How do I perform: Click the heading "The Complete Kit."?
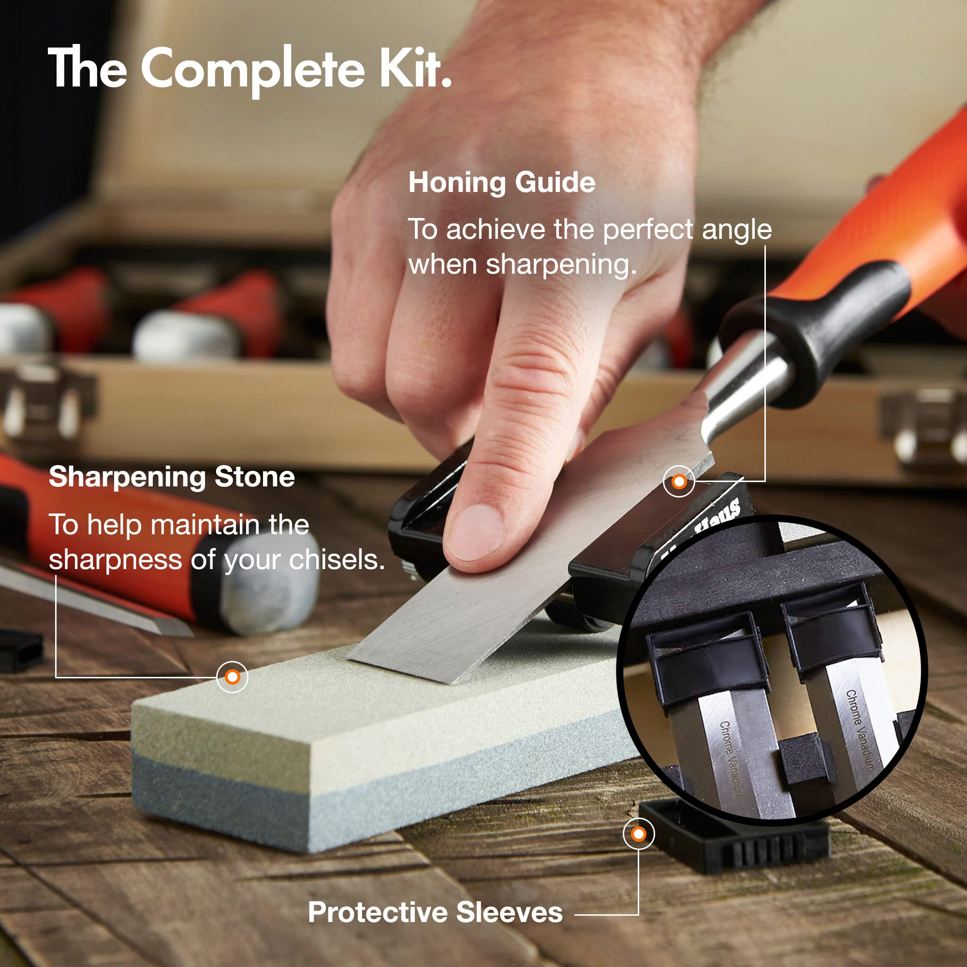[250, 69]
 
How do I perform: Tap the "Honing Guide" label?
[502, 183]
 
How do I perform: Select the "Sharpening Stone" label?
[172, 477]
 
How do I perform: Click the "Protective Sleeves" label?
[435, 912]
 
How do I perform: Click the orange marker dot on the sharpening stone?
[232, 677]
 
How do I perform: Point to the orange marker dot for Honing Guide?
[679, 482]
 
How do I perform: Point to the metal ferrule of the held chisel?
[741, 385]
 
